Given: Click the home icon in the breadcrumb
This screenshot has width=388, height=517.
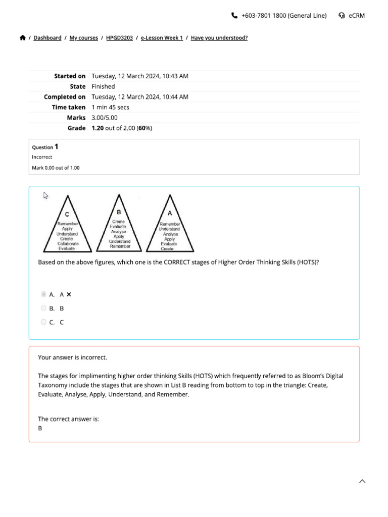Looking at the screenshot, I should point(23,38).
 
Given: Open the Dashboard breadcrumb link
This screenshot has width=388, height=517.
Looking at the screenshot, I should point(47,38).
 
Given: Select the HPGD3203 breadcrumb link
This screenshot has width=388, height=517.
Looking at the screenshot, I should point(119,38).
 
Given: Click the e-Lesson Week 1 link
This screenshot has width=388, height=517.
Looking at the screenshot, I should point(162,38).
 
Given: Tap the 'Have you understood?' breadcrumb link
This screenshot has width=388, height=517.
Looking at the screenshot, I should point(219,38).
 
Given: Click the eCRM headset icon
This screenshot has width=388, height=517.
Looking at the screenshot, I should point(342,16).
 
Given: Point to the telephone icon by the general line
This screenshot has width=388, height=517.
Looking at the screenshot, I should point(234,16).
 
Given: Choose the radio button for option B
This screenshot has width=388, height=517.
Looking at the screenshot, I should point(43,308).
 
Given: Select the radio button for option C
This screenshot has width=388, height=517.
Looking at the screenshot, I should point(43,322).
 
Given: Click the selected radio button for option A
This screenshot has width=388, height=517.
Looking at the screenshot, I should point(43,294).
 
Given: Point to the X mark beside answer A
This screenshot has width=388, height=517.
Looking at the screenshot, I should point(69,294).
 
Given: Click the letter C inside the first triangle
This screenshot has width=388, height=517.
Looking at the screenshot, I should point(67,214).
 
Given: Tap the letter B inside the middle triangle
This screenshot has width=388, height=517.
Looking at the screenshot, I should point(119,212).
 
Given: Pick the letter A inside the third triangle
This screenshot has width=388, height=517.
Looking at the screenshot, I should point(170,213).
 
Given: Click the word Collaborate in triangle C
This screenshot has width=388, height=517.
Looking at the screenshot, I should point(68,243).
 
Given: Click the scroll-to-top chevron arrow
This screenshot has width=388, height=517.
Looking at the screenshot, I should point(362,482).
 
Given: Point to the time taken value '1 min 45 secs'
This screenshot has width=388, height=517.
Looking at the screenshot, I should point(110,107).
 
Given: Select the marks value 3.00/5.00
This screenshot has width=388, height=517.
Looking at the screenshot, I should point(105,118).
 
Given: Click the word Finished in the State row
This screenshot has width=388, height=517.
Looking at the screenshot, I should point(103,86).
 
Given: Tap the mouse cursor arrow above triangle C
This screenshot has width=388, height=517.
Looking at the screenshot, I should point(45,196).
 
